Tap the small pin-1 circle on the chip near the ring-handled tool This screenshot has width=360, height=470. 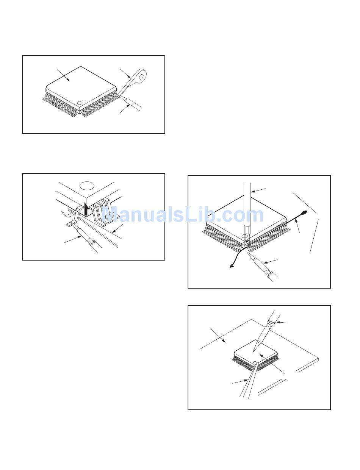(x=80, y=103)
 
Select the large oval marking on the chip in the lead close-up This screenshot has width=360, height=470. (x=87, y=186)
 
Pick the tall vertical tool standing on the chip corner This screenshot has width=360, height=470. (x=247, y=212)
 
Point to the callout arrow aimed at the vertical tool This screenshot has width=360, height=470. (x=258, y=190)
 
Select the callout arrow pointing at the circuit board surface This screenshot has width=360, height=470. (x=219, y=336)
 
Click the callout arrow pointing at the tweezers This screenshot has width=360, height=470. (x=240, y=381)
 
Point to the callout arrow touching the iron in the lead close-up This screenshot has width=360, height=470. (x=73, y=240)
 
